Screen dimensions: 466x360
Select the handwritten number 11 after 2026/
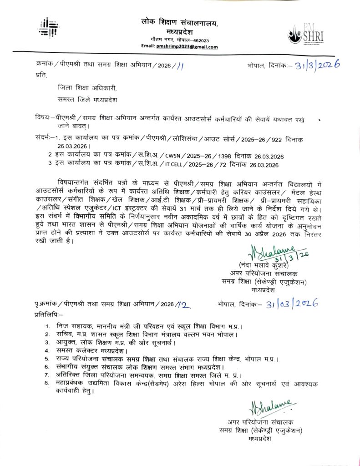(x=181, y=66)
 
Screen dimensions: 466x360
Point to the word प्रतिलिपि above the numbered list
(x=49, y=314)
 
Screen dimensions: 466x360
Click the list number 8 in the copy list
(x=46, y=383)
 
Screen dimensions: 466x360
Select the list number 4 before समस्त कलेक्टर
(x=46, y=350)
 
